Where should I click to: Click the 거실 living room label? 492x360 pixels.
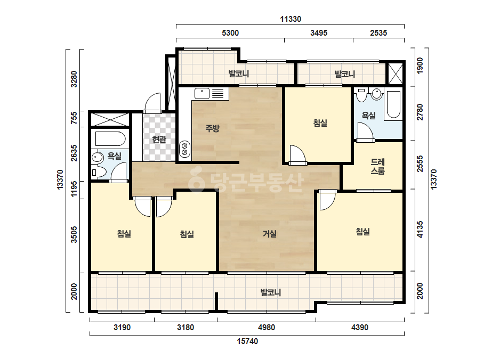tap(270, 234)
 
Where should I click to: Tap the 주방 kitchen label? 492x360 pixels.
tap(213, 128)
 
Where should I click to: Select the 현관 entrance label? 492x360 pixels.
tap(159, 139)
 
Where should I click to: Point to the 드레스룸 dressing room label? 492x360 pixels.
tap(378, 167)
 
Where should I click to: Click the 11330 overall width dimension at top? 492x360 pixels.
tap(291, 19)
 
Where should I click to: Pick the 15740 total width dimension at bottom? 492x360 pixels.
tap(247, 341)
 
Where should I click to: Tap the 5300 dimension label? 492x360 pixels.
tap(230, 33)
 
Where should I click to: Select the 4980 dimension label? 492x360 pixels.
tap(267, 328)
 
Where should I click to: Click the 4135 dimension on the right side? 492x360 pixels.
tap(420, 230)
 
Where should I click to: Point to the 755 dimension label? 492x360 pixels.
tap(74, 118)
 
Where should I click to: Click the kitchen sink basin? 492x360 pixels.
tap(202, 93)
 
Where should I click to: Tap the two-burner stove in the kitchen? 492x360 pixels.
tap(184, 149)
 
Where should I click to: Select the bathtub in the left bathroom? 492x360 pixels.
tap(110, 139)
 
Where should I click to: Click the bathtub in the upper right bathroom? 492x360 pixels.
tap(393, 104)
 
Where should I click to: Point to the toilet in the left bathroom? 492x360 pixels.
tap(98, 172)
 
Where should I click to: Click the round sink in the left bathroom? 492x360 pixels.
tap(97, 157)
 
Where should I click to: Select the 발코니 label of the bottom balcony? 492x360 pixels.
tap(270, 292)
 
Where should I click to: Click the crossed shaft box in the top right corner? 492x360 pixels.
tap(396, 74)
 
